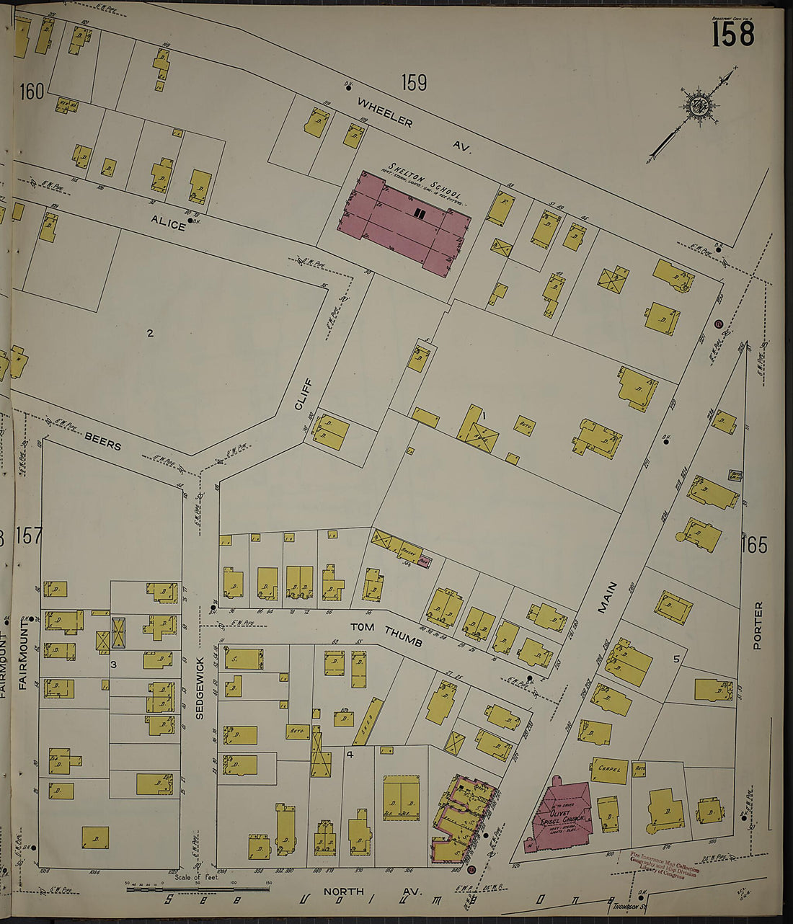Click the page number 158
733,34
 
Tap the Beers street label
102,441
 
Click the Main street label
607,597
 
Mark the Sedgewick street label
200,688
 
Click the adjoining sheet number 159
414,84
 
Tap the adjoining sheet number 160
32,92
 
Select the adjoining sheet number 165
755,545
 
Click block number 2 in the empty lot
150,333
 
